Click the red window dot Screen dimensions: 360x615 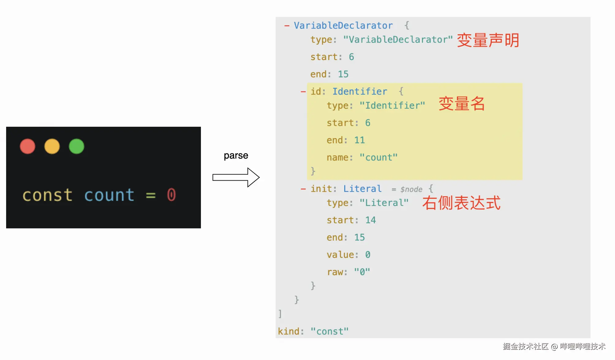(28, 146)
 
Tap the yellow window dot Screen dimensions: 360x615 (52, 146)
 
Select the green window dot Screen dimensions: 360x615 (77, 146)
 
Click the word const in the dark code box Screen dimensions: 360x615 (47, 195)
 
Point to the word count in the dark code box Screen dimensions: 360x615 (109, 195)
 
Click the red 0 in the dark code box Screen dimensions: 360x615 (172, 195)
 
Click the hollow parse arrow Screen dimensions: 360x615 (236, 177)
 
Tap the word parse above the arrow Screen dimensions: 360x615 (236, 156)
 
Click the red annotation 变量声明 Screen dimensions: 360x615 (488, 40)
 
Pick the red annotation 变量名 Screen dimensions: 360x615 (462, 104)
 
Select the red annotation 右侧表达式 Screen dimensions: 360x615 (461, 203)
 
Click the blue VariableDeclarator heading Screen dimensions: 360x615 (343, 25)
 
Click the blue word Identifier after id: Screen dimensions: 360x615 (360, 92)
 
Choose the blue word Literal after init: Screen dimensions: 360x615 (362, 189)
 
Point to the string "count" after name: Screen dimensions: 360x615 (379, 158)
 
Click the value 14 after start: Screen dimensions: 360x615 (370, 220)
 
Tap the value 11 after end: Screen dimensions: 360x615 (360, 140)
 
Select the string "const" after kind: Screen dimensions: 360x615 (330, 332)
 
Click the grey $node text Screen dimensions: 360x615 (411, 189)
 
